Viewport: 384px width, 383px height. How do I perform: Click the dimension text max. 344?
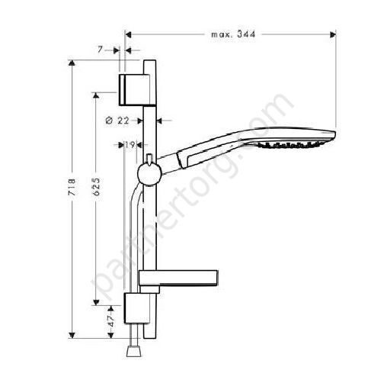pyautogui.click(x=232, y=34)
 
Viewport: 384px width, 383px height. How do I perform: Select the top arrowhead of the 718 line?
pyautogui.click(x=72, y=66)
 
